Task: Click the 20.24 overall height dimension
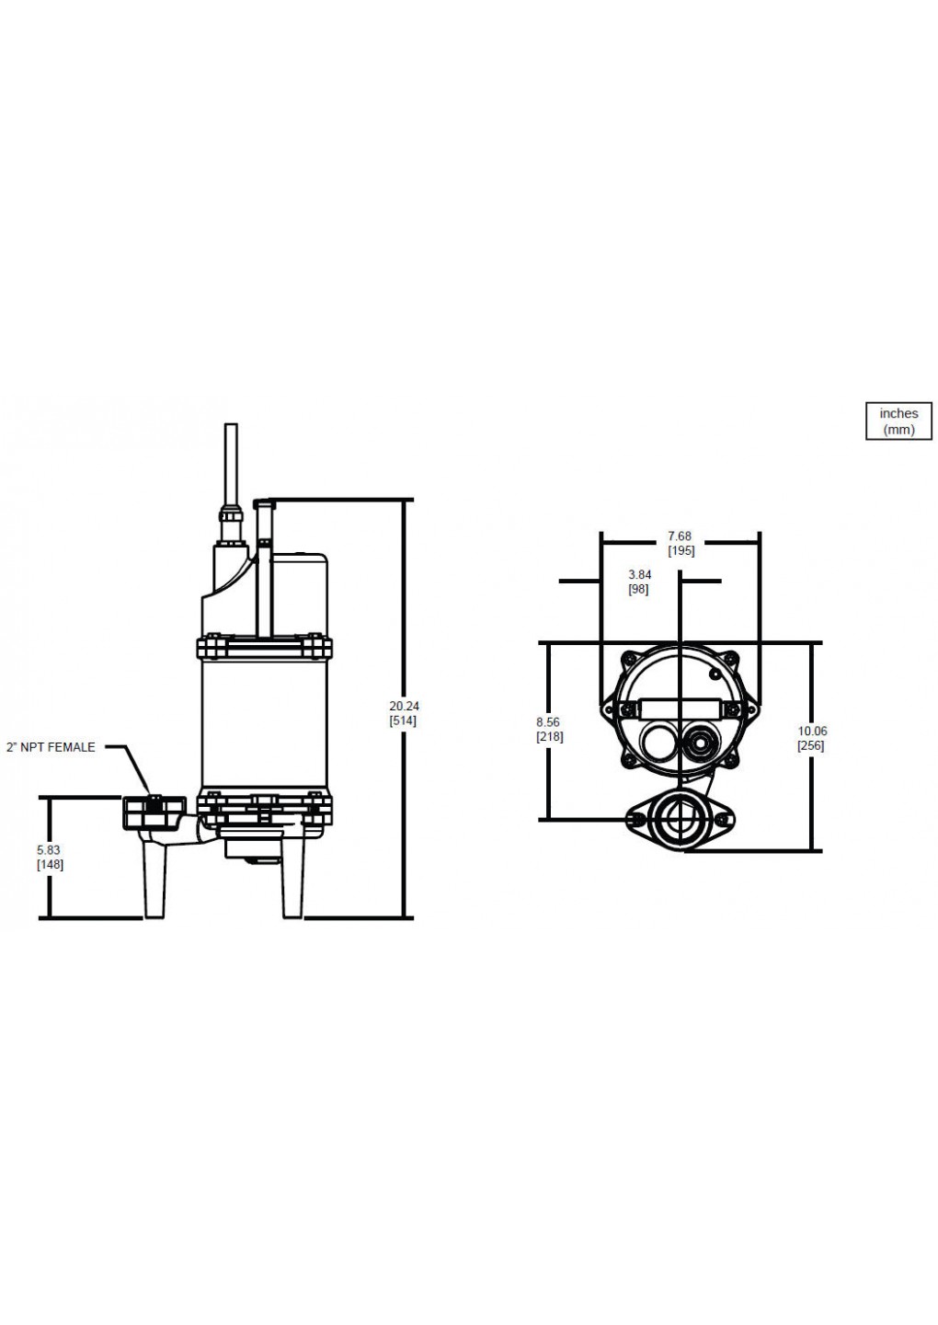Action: point(404,706)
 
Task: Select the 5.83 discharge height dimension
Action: point(50,850)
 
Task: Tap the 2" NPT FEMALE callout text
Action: point(51,747)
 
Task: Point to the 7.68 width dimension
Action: point(680,536)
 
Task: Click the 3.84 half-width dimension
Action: point(639,575)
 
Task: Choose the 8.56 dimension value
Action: point(549,723)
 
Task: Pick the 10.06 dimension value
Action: point(812,732)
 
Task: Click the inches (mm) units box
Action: point(898,421)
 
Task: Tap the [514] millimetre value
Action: point(404,720)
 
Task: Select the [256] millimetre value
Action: point(811,746)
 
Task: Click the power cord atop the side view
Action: point(231,465)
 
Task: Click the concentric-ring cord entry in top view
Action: point(703,740)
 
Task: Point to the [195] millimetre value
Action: point(681,551)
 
